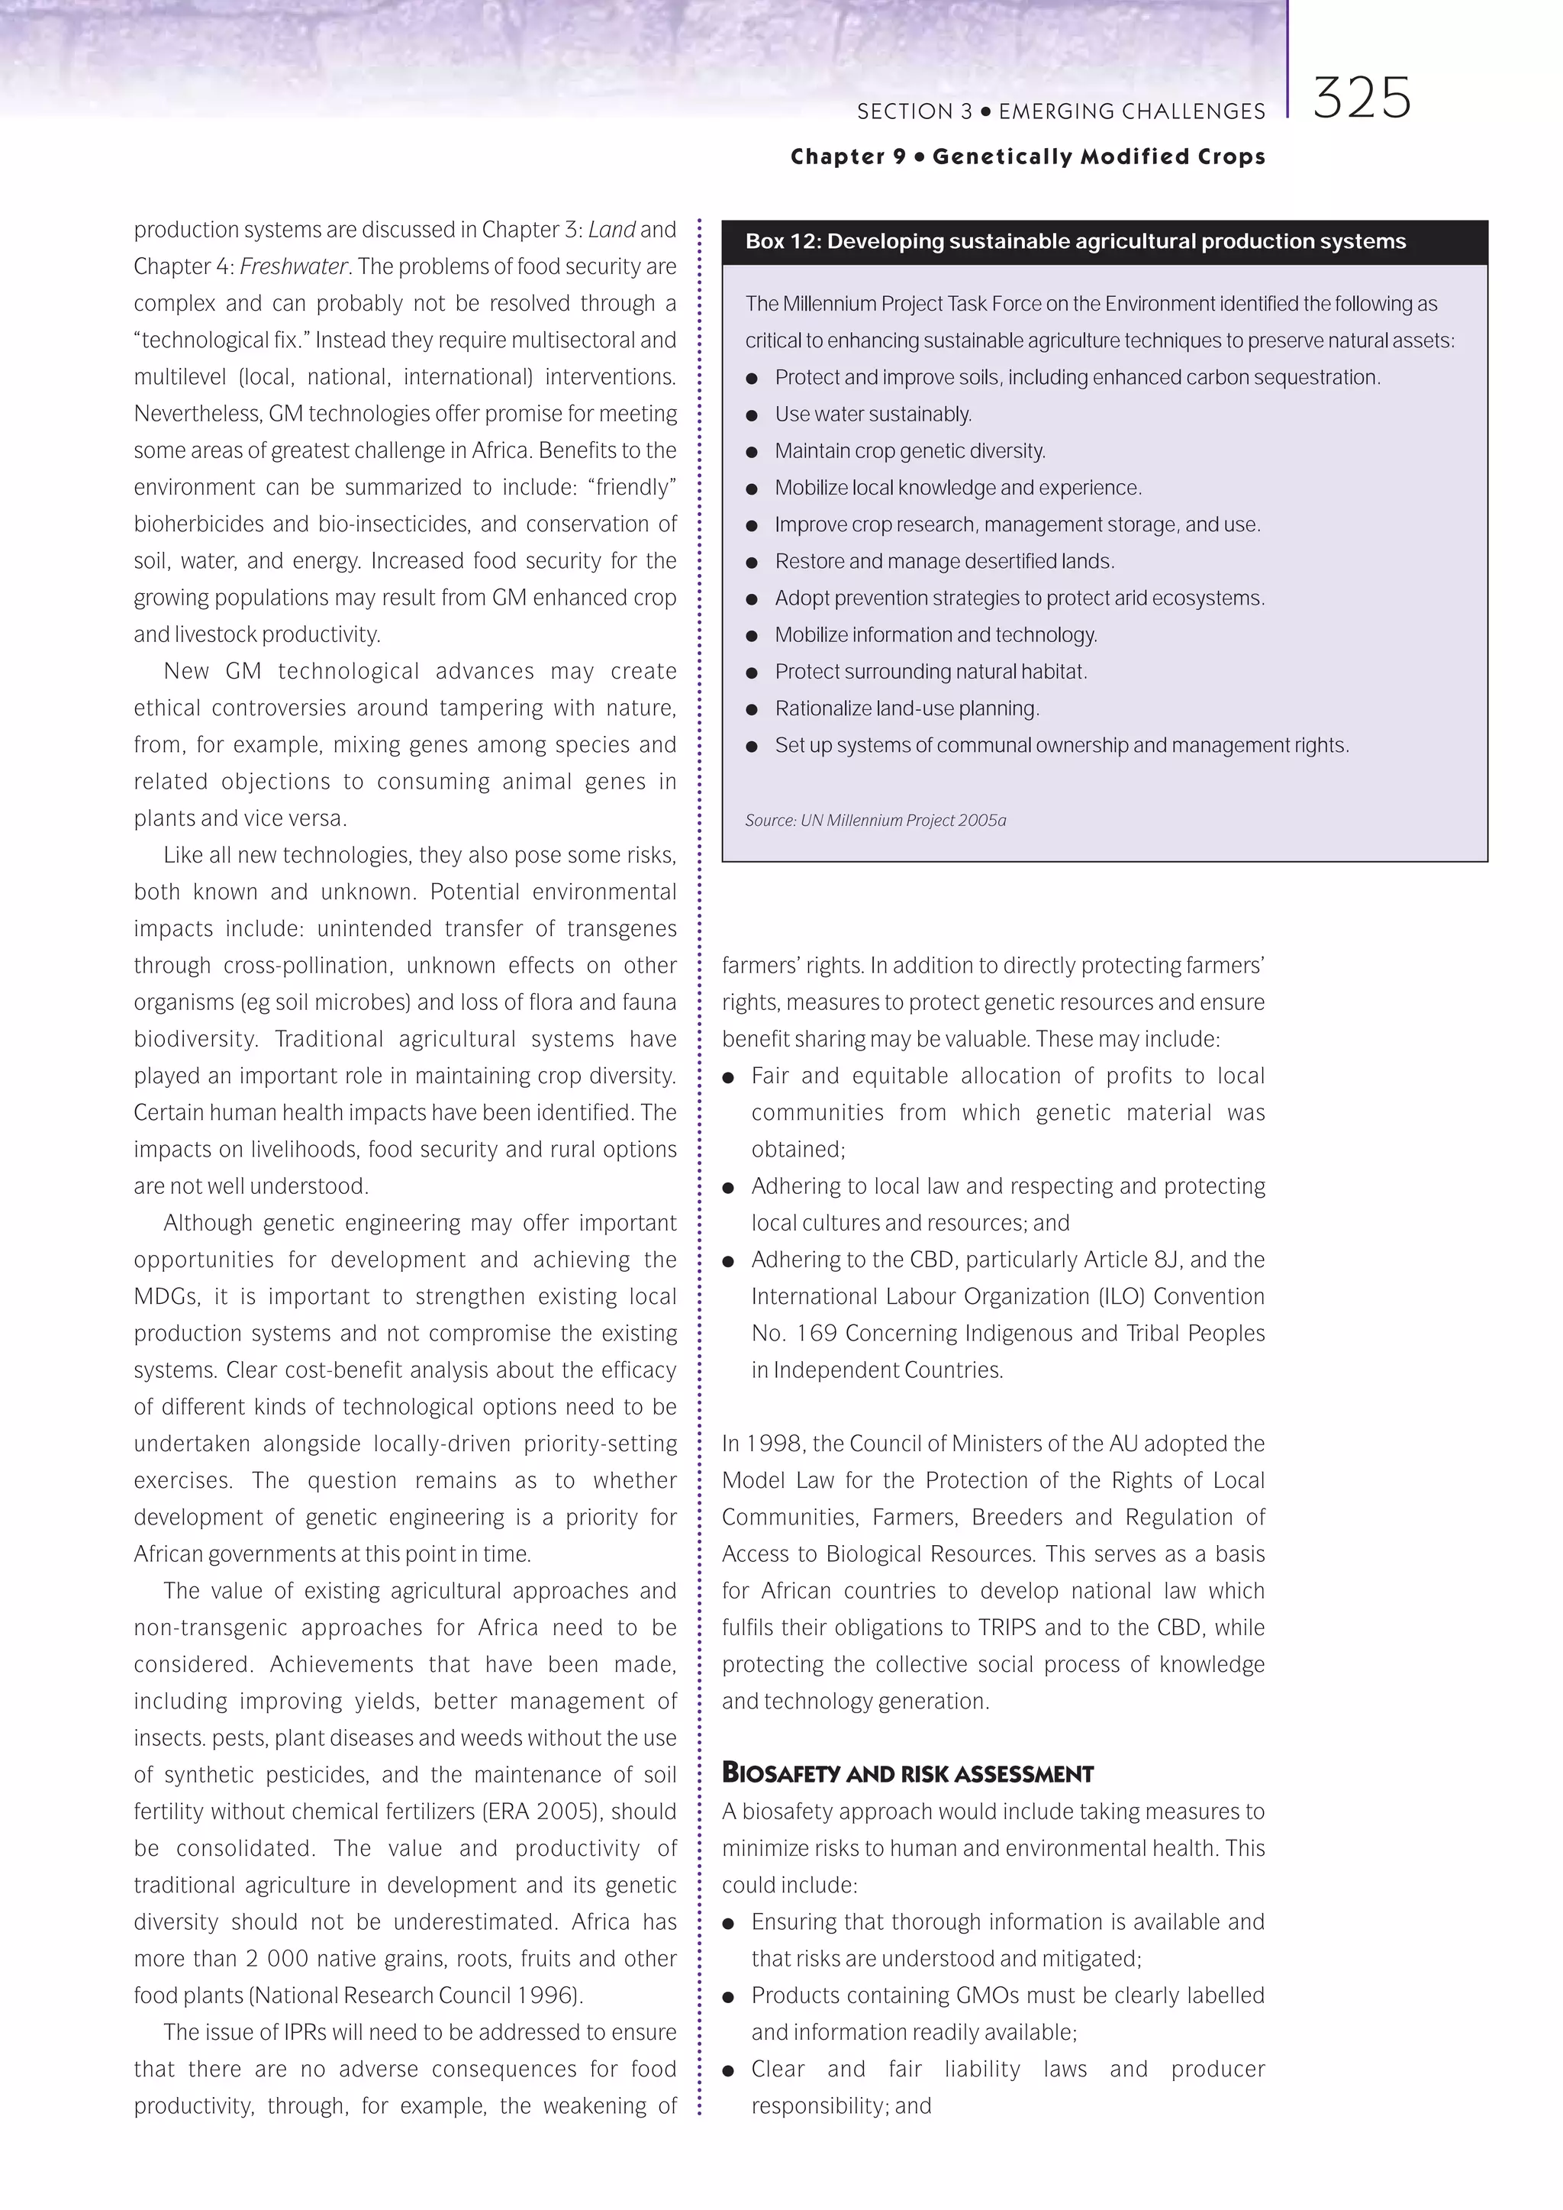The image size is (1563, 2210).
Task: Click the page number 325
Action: tap(1361, 98)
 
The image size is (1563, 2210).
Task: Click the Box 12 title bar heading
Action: tap(1075, 241)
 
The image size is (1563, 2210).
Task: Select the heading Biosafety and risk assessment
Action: tap(907, 1773)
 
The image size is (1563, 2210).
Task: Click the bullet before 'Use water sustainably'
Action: tap(752, 415)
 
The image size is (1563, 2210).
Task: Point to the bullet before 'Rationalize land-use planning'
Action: tap(752, 709)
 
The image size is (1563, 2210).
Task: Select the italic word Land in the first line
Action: tap(611, 229)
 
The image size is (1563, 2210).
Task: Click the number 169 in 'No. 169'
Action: tap(817, 1333)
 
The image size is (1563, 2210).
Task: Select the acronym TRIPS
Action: tap(1007, 1627)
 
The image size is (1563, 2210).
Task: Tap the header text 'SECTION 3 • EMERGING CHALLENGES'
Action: tap(1061, 111)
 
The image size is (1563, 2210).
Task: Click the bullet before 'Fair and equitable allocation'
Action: tap(729, 1077)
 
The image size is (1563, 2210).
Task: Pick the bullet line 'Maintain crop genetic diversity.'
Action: tap(910, 450)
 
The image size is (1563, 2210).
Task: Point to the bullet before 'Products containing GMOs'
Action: tap(729, 1997)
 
